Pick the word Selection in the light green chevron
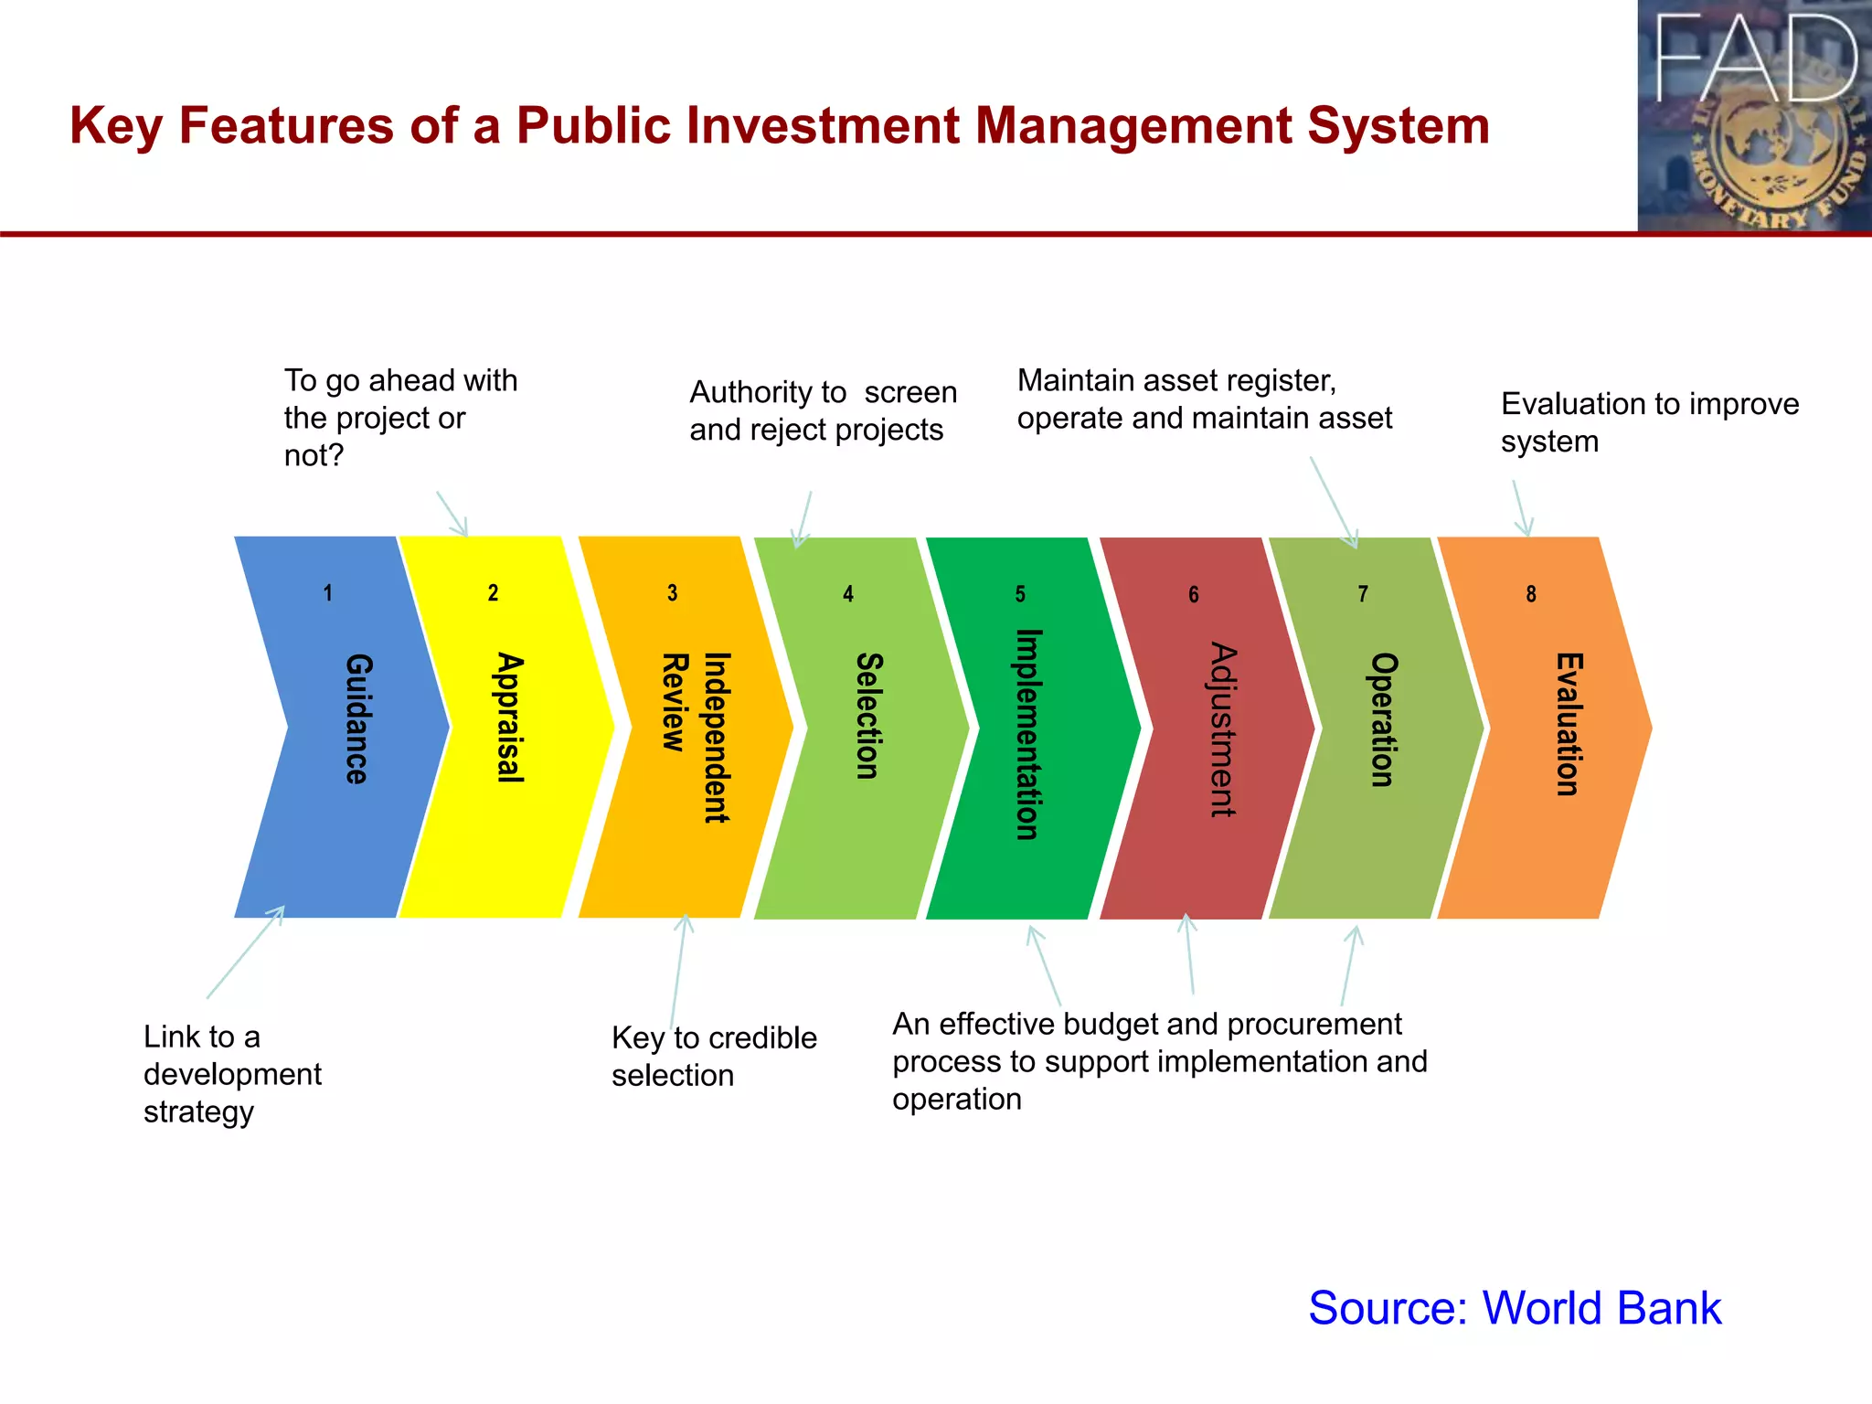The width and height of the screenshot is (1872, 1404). click(868, 716)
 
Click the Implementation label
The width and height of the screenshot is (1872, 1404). click(1028, 734)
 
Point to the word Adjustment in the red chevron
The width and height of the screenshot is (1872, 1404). click(1222, 729)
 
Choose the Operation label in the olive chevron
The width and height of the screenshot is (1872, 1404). click(1383, 719)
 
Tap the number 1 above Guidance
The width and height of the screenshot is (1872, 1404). click(327, 593)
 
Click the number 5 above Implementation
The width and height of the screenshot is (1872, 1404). click(1020, 594)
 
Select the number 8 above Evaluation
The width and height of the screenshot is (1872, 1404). click(1531, 594)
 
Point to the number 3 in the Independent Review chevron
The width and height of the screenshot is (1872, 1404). click(672, 593)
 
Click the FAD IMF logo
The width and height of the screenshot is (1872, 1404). click(1754, 116)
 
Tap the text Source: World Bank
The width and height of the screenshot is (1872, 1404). click(1515, 1307)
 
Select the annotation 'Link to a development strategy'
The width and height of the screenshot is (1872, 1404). click(232, 1074)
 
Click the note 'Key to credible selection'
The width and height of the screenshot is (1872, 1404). click(714, 1057)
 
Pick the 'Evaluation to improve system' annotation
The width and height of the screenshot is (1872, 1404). click(1649, 421)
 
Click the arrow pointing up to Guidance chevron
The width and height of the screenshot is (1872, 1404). click(245, 952)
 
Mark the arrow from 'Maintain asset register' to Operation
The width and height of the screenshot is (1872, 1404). click(1334, 502)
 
